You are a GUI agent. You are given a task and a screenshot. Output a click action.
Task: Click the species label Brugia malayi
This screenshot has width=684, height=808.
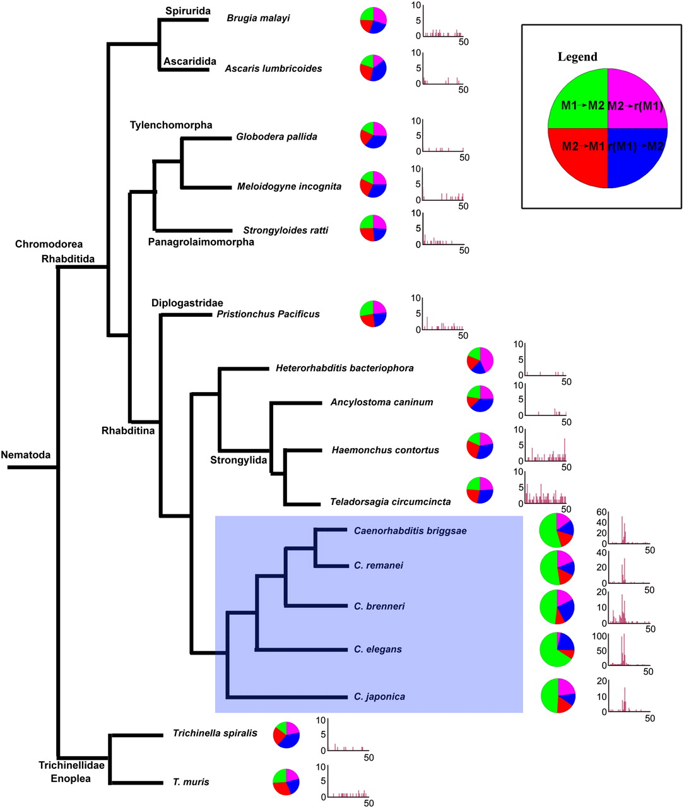[x=258, y=18]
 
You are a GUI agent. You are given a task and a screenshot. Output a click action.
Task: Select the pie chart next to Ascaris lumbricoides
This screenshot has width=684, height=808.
[x=373, y=67]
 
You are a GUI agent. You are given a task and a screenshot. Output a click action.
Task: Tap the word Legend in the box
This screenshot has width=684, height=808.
[x=577, y=57]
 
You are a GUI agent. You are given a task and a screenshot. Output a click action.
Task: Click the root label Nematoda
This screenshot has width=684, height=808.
[x=26, y=454]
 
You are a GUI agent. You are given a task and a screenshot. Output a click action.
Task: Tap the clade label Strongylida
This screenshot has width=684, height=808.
[x=239, y=460]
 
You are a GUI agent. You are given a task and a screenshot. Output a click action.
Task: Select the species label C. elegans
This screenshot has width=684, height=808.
[x=378, y=649]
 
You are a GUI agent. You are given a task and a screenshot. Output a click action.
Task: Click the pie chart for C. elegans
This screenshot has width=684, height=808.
[x=557, y=648]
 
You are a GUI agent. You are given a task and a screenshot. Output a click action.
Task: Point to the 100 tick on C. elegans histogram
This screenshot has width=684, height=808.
[x=599, y=636]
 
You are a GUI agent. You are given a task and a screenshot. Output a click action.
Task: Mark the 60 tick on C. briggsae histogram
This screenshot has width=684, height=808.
[x=601, y=512]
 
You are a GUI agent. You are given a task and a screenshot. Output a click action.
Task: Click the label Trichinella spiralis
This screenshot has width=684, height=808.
[x=215, y=734]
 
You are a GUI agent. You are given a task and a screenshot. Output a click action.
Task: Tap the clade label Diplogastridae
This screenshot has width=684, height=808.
[x=187, y=303]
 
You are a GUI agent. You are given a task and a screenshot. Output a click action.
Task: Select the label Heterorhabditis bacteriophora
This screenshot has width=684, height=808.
[x=345, y=368]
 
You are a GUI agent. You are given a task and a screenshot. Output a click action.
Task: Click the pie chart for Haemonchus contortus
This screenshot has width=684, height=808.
[x=480, y=446]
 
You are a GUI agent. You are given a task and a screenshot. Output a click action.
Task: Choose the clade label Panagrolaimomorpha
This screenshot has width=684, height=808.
[x=201, y=242]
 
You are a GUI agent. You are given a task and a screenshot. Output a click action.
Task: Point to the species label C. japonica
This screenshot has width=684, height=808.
[x=379, y=697]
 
